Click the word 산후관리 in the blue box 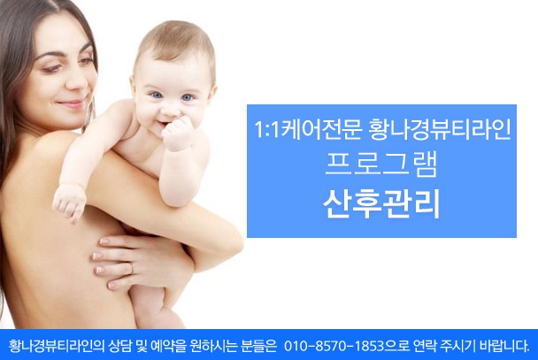(381, 204)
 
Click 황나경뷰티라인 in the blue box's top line (440, 130)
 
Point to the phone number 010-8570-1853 (334, 346)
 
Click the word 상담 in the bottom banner (119, 346)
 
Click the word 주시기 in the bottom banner (458, 346)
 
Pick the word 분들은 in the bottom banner (259, 346)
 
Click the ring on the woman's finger (133, 269)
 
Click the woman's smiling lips (72, 103)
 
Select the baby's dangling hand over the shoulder (68, 202)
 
